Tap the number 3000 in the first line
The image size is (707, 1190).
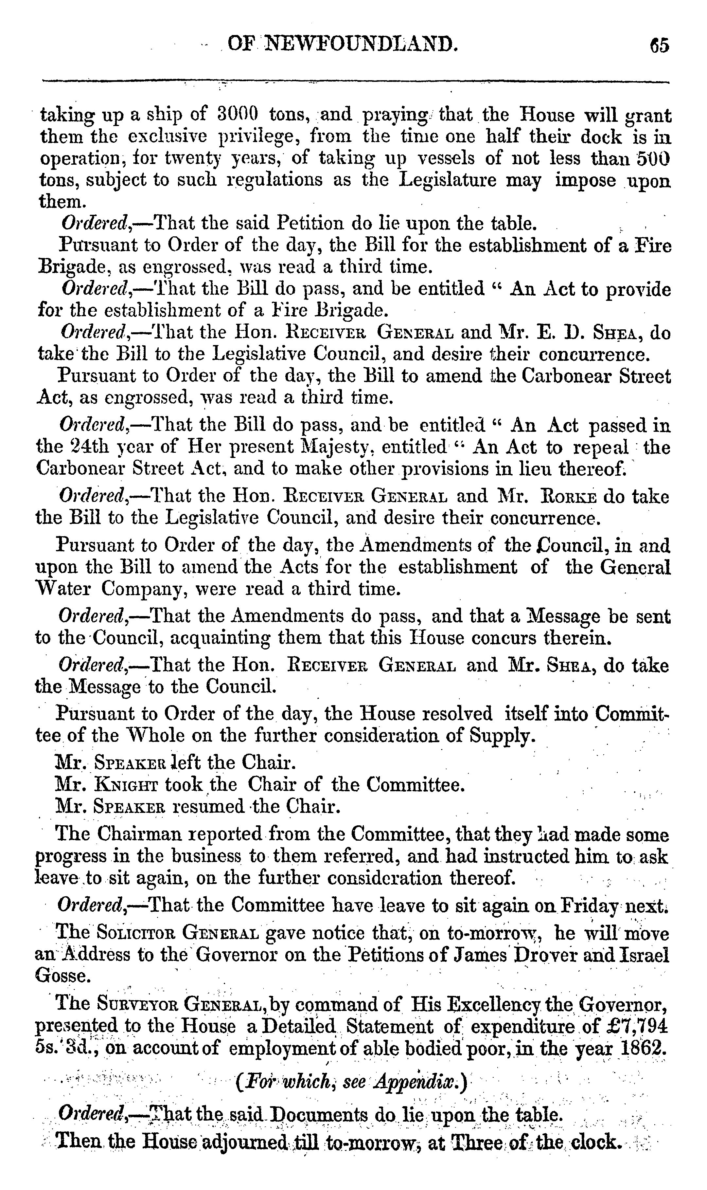237,115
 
